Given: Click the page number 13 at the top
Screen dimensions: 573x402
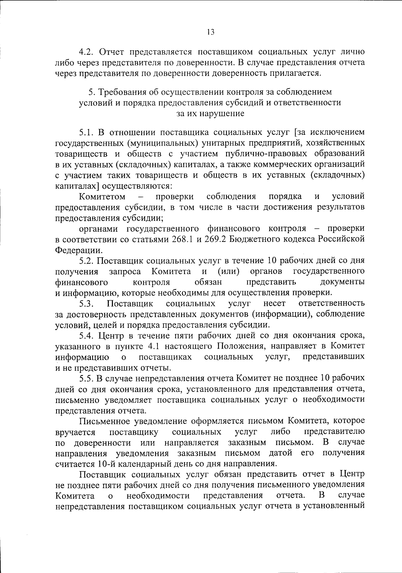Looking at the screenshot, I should click(x=210, y=32).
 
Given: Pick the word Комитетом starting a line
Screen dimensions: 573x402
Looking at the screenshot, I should click(x=102, y=196).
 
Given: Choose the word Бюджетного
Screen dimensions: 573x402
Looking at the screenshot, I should click(x=256, y=239).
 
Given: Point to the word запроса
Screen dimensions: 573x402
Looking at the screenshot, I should click(x=125, y=271).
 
